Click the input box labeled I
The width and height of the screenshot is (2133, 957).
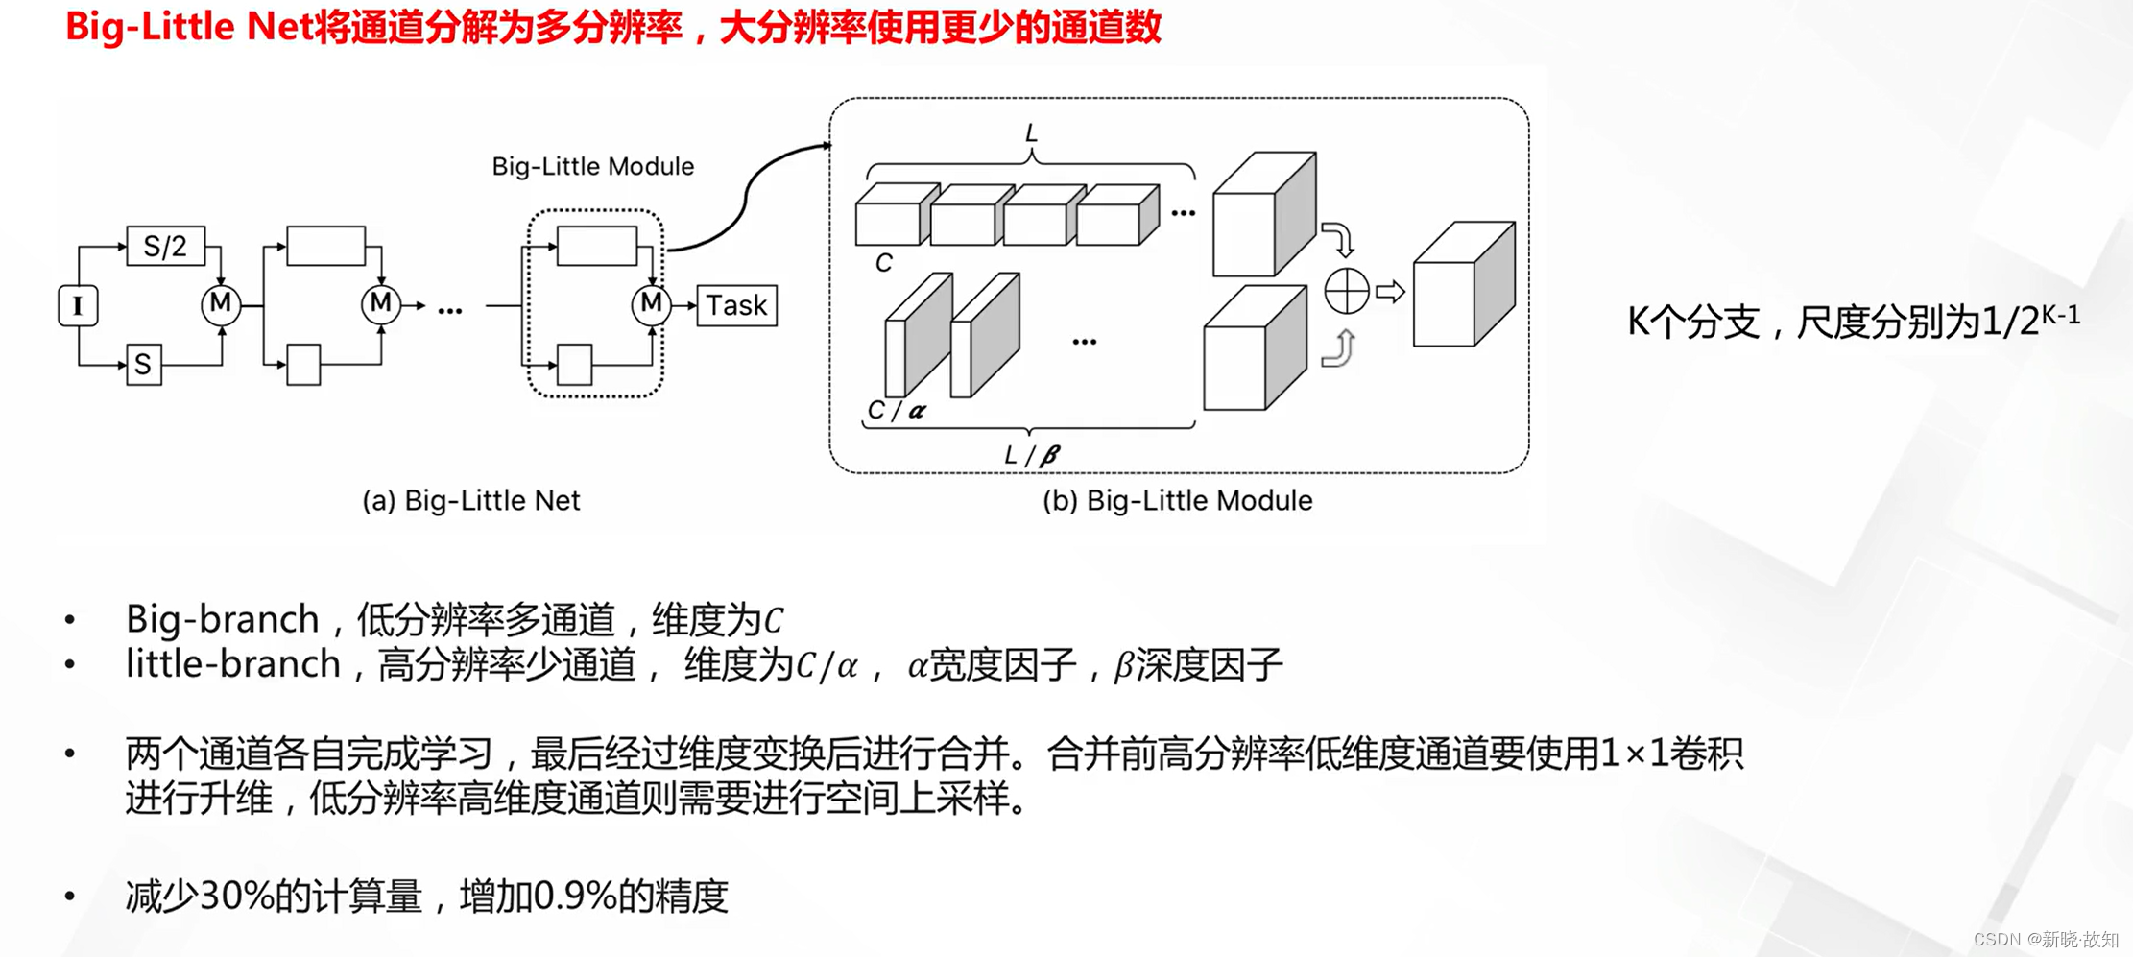(78, 306)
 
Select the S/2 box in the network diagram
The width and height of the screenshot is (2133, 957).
(165, 247)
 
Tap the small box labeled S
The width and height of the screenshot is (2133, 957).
(144, 365)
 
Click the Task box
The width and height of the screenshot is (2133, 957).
(736, 306)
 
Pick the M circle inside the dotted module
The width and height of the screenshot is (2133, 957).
(651, 304)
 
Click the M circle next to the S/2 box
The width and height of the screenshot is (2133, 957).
(221, 304)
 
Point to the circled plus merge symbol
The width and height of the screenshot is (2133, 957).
(1346, 291)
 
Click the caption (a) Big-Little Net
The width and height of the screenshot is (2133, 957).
(470, 501)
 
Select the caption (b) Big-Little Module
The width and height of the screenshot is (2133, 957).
(1177, 501)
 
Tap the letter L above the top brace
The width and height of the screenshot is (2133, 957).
(1031, 133)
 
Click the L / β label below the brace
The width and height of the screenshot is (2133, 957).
(1031, 455)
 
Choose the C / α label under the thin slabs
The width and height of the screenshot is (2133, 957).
(896, 411)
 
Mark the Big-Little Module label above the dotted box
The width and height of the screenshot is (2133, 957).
(592, 167)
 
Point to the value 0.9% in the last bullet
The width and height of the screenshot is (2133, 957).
(574, 897)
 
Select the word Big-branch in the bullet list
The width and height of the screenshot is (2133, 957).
(222, 620)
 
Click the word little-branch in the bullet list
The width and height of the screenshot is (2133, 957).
(233, 664)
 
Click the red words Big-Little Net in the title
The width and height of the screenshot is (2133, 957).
(190, 27)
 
